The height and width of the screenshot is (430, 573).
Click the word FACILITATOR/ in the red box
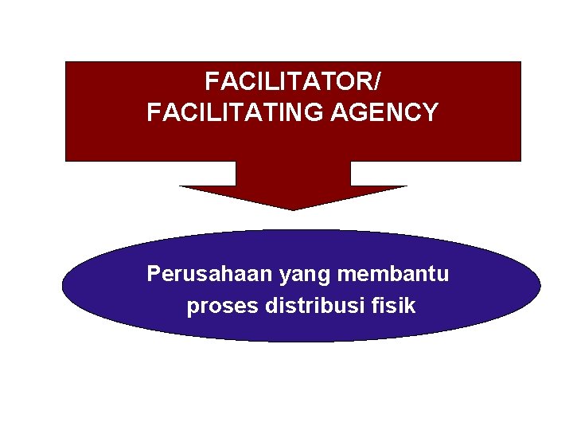pyautogui.click(x=292, y=81)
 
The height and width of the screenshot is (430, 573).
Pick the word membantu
pyautogui.click(x=393, y=274)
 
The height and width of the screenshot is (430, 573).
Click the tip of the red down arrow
pyautogui.click(x=293, y=209)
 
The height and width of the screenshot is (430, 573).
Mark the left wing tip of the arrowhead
pyautogui.click(x=180, y=186)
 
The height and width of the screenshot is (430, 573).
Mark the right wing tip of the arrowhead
pyautogui.click(x=407, y=186)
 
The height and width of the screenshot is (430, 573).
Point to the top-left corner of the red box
pyautogui.click(x=65, y=62)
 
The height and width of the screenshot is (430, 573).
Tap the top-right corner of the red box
pyautogui.click(x=520, y=62)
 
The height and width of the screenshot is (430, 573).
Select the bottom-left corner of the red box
pyautogui.click(x=65, y=161)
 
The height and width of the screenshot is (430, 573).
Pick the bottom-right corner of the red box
pyautogui.click(x=520, y=161)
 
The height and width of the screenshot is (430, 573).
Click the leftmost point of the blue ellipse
pyautogui.click(x=62, y=286)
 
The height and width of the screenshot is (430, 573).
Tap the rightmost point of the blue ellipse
pyautogui.click(x=540, y=286)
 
